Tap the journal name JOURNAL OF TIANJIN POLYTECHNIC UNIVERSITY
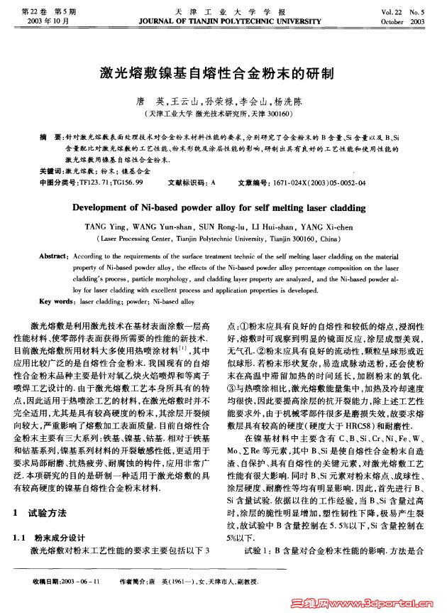click(223, 21)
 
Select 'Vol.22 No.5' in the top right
click(402, 11)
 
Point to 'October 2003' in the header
click(402, 21)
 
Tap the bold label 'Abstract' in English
click(53, 255)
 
